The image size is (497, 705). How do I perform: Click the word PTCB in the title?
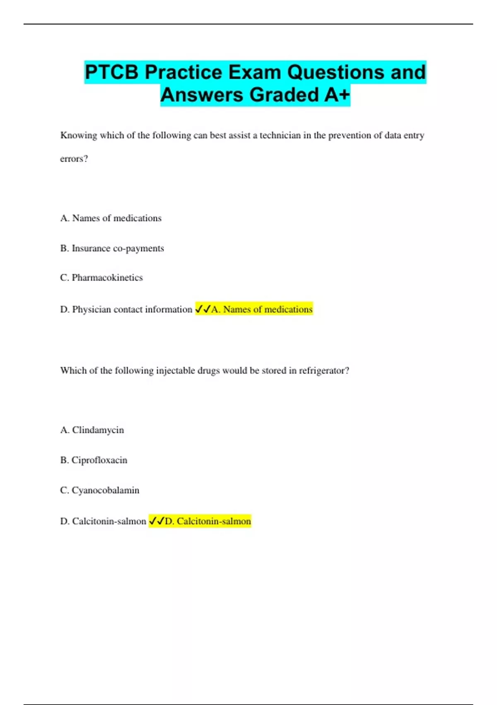tap(112, 73)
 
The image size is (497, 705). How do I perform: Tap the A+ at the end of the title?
tap(337, 95)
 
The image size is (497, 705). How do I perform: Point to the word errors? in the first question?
tap(74, 159)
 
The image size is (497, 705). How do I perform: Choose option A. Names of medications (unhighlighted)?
tap(111, 218)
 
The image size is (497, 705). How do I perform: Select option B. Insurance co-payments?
tap(112, 248)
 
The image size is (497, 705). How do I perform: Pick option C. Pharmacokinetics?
tap(101, 278)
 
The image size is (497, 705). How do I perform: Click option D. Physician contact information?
tap(126, 309)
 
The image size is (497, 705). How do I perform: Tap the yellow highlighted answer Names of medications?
tap(262, 309)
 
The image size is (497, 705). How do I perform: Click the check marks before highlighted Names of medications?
tap(203, 309)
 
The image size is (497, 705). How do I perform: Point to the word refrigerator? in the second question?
tap(324, 371)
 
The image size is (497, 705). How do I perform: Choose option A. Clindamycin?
tap(92, 430)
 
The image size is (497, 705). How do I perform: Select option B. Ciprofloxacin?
tap(94, 460)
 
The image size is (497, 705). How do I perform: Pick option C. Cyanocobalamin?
tap(99, 491)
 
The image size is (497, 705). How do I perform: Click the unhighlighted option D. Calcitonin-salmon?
tap(103, 521)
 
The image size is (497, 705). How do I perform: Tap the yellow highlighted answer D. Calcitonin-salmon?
tap(208, 521)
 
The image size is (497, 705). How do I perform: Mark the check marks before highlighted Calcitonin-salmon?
tap(157, 521)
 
